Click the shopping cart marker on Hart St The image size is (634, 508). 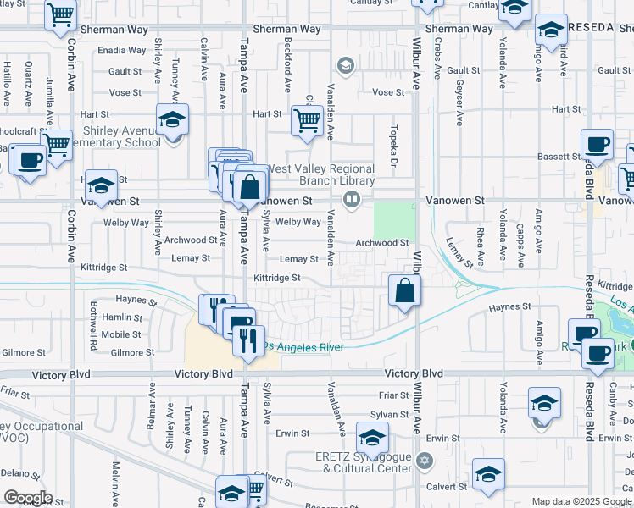tap(306, 120)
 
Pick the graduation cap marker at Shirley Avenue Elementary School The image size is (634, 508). tap(172, 120)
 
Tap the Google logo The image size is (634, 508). tap(27, 498)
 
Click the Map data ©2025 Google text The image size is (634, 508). tap(581, 501)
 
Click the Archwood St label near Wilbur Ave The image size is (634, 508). tap(381, 243)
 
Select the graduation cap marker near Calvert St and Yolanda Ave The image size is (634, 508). tap(488, 475)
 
